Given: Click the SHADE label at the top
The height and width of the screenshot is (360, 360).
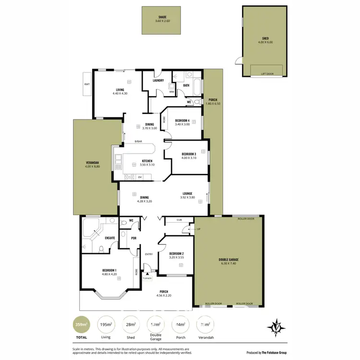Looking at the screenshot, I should [162, 17].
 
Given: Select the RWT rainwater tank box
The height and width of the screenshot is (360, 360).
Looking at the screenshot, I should [87, 84].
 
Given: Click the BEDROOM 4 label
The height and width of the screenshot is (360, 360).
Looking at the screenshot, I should [182, 120].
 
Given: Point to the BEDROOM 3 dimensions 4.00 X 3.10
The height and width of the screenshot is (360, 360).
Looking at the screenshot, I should [189, 158].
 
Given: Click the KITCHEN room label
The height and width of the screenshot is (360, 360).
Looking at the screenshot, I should [147, 161].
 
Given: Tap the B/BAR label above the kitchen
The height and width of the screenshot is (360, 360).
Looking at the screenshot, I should [138, 141].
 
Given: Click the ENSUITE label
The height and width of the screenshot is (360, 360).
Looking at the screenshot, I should [110, 238].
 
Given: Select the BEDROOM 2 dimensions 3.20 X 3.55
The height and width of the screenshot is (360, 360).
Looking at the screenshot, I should [177, 257].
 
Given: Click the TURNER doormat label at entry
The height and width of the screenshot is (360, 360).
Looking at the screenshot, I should [147, 278].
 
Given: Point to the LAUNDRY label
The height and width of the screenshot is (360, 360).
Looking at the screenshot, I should [158, 81].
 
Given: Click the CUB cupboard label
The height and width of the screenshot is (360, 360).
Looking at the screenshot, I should [179, 220].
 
